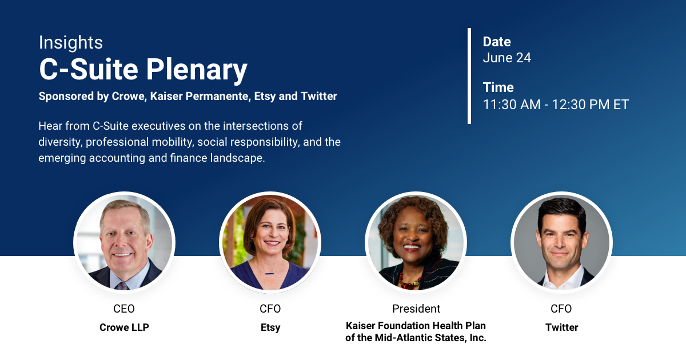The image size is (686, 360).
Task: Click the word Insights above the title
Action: point(71,42)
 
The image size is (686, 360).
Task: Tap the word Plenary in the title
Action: point(197,70)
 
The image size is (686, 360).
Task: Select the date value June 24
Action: point(507,58)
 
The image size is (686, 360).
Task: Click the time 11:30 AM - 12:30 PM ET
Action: point(556,105)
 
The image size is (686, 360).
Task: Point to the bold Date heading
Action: point(497,42)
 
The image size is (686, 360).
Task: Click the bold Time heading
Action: point(498,87)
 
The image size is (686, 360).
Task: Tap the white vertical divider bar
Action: point(469,76)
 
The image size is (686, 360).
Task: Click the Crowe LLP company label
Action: point(125,327)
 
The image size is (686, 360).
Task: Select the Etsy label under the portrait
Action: point(270,327)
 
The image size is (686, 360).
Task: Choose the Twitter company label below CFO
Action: point(561,327)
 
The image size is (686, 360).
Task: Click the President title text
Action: point(416,309)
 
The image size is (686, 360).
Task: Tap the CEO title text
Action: point(124,309)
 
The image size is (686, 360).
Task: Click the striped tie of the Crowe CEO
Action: point(122,286)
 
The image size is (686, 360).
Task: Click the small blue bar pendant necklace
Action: point(269,273)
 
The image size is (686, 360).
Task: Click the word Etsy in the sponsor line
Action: point(265,97)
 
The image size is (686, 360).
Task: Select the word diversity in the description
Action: point(60,142)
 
